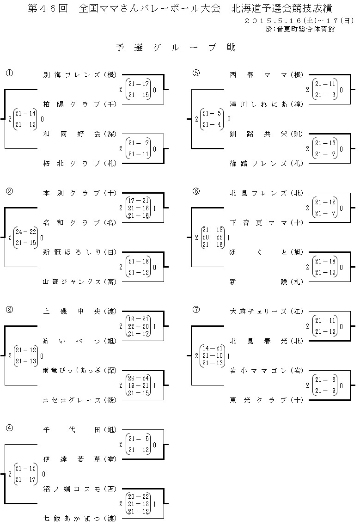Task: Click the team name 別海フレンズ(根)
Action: tap(79, 74)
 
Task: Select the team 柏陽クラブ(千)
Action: tap(79, 104)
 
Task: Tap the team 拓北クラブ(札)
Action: tap(79, 163)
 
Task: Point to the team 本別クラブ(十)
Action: tap(79, 193)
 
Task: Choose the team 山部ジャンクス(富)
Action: tap(79, 281)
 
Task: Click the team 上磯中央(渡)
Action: tap(79, 311)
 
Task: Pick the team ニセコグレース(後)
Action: tap(79, 400)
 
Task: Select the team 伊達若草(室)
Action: tap(79, 459)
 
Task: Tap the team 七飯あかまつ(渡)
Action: tap(79, 519)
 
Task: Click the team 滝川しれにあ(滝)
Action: tap(266, 104)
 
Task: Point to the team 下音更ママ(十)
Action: tap(266, 222)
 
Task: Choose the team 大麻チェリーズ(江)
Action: tap(266, 311)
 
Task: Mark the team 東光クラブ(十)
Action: tap(266, 400)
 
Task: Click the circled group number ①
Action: tap(9, 73)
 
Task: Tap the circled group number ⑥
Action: tap(196, 191)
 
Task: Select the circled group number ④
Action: tap(9, 428)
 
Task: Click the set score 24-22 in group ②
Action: tap(25, 232)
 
